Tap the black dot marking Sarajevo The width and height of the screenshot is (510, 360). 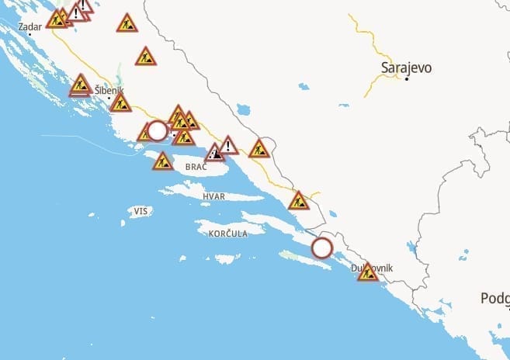(407, 79)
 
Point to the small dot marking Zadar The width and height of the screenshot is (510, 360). (29, 34)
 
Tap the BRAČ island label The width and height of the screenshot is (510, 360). (196, 167)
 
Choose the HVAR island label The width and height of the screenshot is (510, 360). (213, 196)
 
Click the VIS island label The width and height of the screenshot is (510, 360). (140, 211)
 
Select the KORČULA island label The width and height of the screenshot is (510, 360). (228, 233)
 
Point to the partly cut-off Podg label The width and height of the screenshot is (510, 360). (494, 299)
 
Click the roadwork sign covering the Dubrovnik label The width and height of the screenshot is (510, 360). (368, 272)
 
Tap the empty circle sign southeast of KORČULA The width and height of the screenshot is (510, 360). (321, 248)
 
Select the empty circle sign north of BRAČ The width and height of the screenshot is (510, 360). (157, 130)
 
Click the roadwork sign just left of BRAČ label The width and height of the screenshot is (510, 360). (162, 161)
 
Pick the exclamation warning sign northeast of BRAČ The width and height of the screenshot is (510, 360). (228, 146)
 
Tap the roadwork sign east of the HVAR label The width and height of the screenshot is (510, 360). (298, 202)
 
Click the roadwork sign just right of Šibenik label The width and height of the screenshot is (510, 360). (120, 103)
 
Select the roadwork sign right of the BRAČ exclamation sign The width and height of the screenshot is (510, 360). (258, 148)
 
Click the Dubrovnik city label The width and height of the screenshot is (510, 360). (373, 268)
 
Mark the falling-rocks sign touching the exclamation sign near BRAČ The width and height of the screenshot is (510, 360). (214, 152)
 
